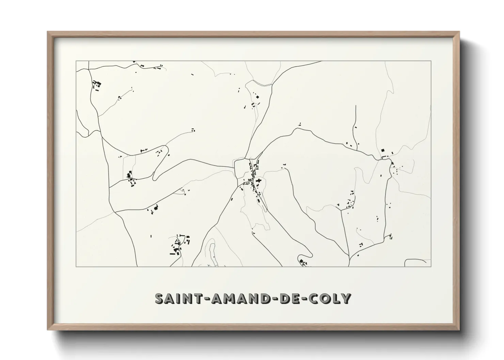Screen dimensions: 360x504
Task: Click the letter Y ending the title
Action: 346,298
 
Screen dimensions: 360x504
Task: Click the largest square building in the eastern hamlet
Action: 382,150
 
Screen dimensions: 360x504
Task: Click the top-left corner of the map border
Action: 76,61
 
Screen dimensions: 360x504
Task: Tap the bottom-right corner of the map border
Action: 431,266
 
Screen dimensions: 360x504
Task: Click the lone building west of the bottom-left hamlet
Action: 151,235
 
